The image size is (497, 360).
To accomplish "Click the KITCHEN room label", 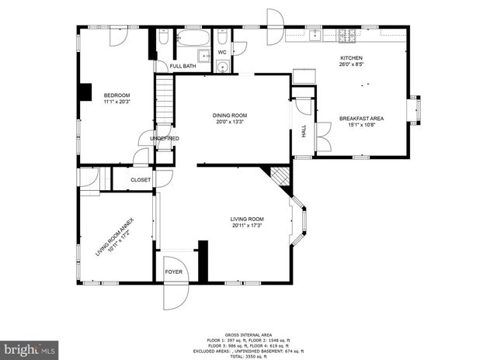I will click(x=351, y=58).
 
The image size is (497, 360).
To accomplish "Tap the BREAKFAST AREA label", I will click(x=361, y=119).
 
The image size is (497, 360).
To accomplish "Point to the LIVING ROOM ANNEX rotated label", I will click(x=115, y=235).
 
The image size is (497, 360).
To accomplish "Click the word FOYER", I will click(x=174, y=272).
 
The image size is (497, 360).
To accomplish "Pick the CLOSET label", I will click(x=141, y=179).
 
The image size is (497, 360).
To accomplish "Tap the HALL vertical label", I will click(x=304, y=133).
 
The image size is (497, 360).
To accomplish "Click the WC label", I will click(x=221, y=53).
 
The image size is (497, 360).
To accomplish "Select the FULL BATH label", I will click(x=182, y=66).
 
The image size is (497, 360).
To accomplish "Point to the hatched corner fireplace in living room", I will click(x=278, y=178).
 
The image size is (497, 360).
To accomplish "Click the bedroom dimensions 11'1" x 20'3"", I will click(x=117, y=101).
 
